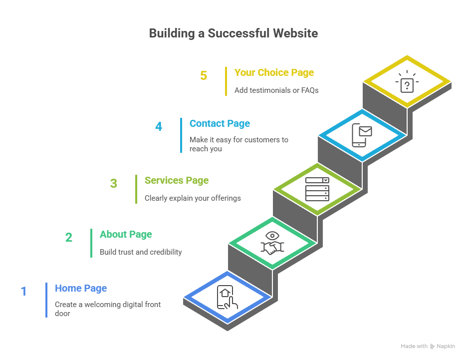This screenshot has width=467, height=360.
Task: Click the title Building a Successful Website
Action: (233, 33)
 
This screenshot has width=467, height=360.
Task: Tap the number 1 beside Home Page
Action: (23, 291)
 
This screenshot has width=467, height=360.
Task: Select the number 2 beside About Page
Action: (69, 237)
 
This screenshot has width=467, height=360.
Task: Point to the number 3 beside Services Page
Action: (114, 183)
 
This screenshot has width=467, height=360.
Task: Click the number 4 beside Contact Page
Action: (159, 126)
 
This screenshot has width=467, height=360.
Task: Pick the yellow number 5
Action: (204, 75)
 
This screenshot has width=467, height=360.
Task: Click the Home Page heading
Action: (81, 288)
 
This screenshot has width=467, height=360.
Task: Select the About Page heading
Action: (126, 234)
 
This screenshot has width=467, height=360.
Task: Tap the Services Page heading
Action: (177, 180)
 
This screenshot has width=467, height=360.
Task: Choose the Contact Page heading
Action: (220, 123)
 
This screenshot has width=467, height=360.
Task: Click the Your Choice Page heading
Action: (274, 72)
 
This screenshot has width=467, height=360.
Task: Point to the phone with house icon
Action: (227, 298)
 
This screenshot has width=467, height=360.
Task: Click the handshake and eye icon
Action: (272, 243)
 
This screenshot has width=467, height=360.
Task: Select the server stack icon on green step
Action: (317, 189)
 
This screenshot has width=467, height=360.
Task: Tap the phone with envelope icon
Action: (362, 135)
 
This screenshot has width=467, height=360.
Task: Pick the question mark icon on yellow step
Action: (407, 82)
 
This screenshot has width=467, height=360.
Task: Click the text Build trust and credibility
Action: (141, 252)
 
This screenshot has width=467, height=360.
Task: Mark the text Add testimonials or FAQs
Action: (276, 90)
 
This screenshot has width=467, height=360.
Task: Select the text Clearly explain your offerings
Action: (193, 198)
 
